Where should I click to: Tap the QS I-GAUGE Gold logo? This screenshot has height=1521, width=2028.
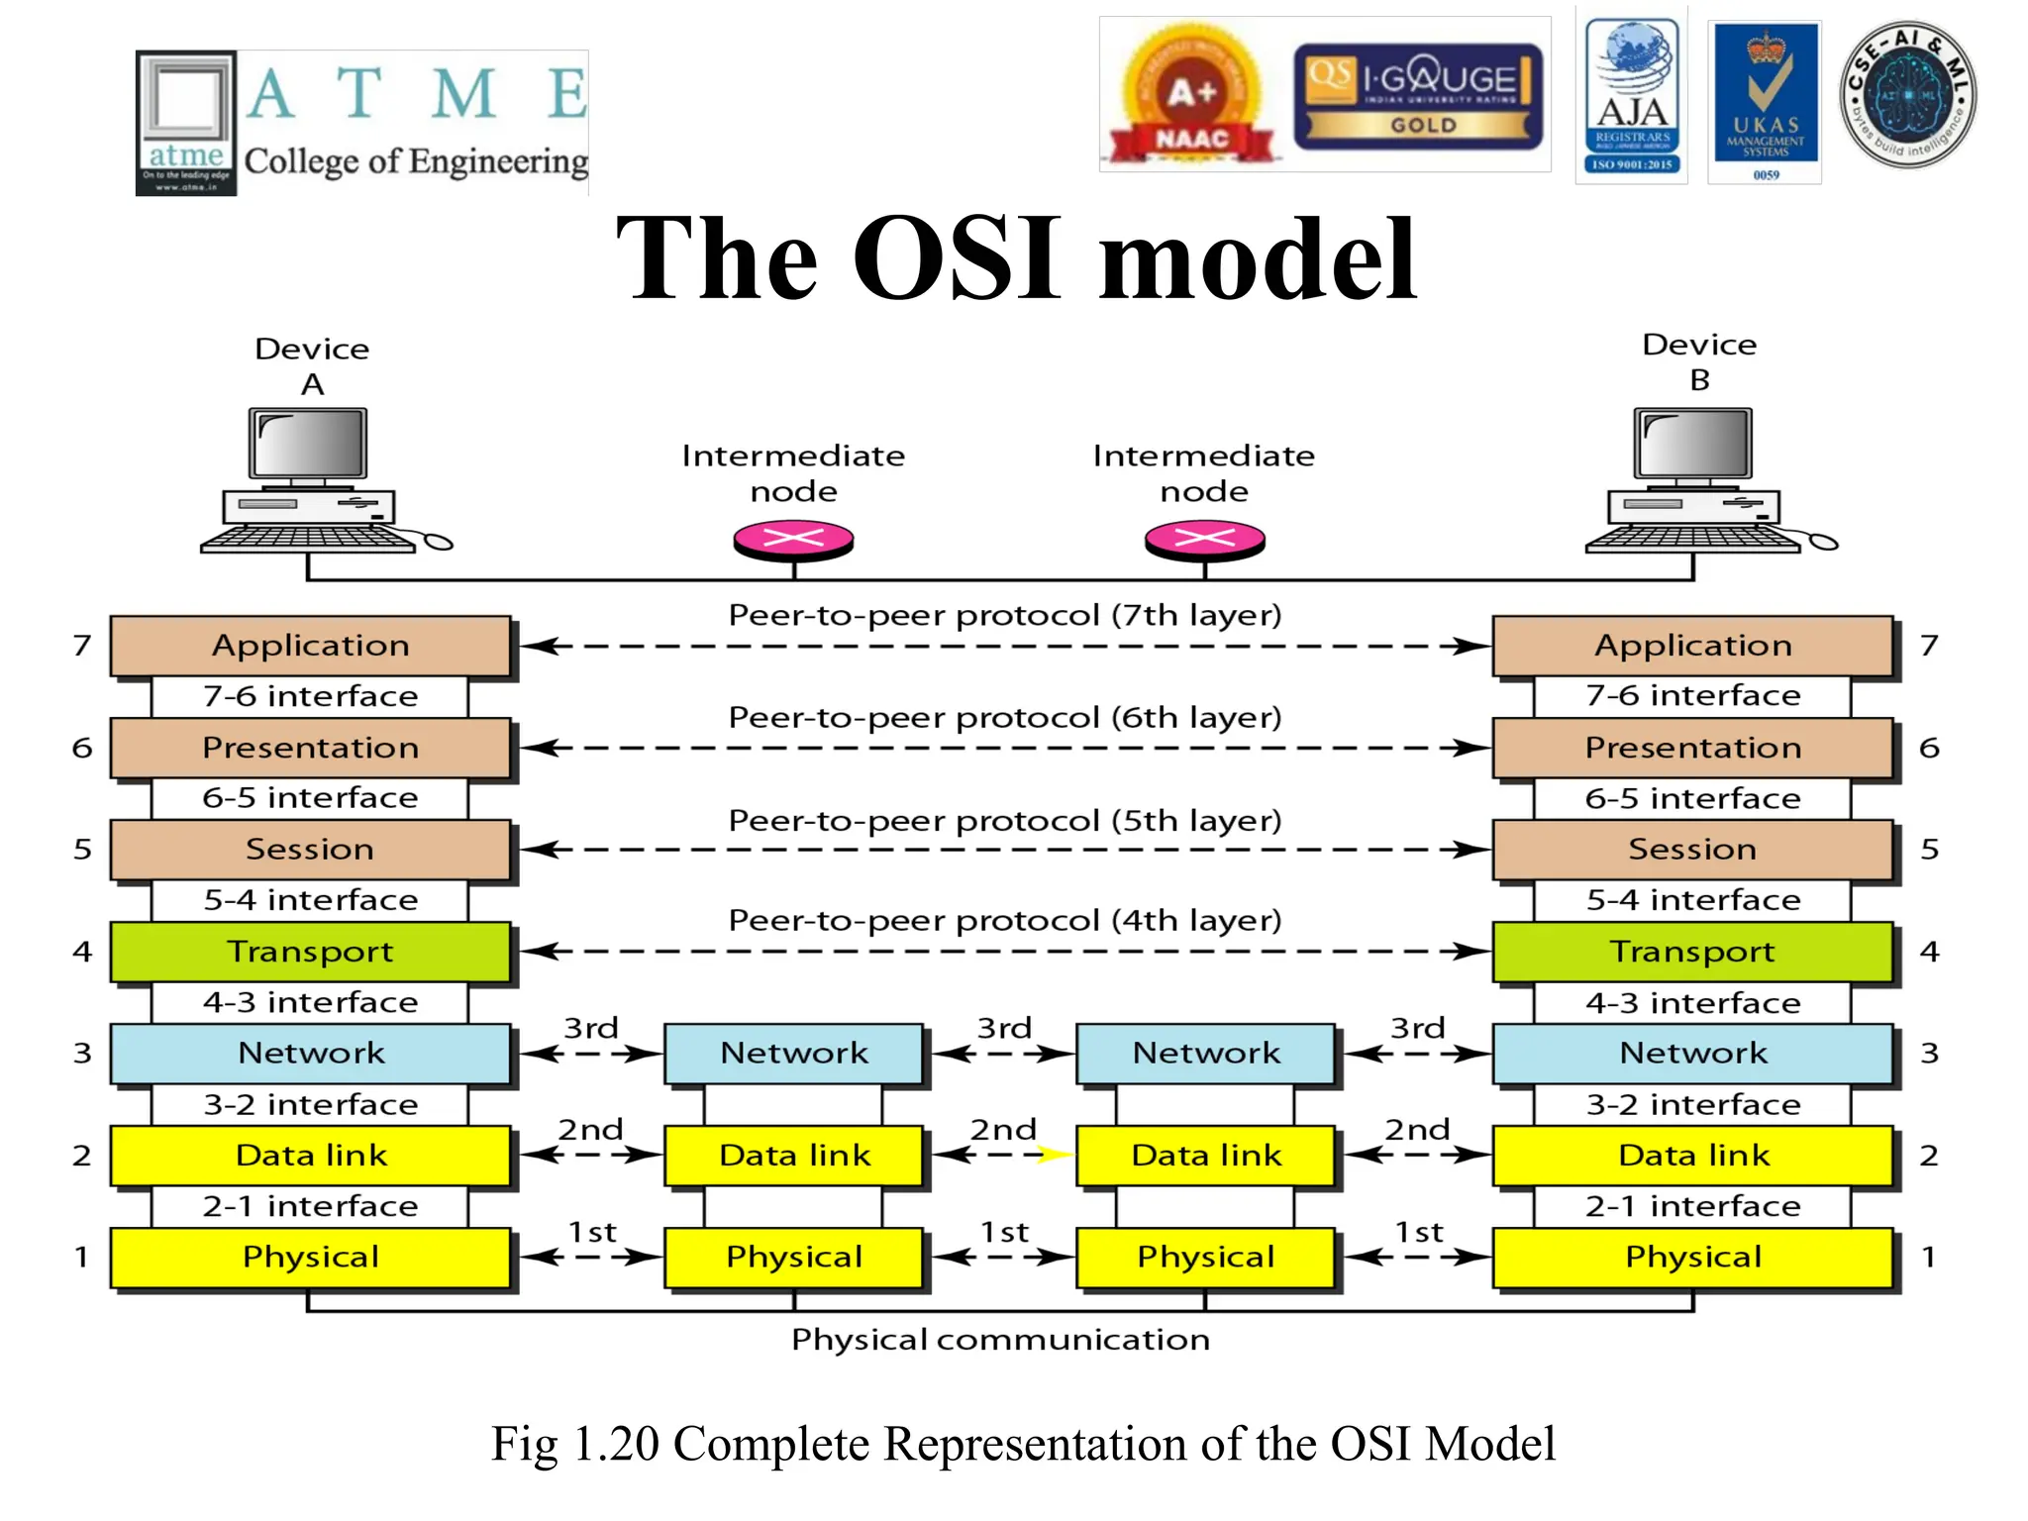click(1418, 96)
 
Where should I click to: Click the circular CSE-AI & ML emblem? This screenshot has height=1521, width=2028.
click(1907, 95)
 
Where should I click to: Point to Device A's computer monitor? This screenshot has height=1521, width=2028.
click(309, 445)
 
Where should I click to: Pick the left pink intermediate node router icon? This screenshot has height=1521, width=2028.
click(793, 540)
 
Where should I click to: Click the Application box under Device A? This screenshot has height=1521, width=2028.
click(310, 646)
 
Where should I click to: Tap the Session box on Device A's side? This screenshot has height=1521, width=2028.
click(310, 850)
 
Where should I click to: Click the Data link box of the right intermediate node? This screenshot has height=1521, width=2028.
click(1205, 1156)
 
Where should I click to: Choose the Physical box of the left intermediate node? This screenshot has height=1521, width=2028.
click(793, 1258)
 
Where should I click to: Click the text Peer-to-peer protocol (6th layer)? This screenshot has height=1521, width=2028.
click(1004, 717)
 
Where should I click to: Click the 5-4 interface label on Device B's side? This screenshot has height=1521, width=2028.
click(1692, 900)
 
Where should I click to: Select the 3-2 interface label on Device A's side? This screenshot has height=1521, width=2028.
click(310, 1104)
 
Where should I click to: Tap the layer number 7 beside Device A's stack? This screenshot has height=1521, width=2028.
click(82, 646)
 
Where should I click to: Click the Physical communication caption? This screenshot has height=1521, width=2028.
click(1000, 1340)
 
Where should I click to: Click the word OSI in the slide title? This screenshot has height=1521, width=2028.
click(957, 259)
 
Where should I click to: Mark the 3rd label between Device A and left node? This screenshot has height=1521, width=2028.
click(591, 1028)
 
